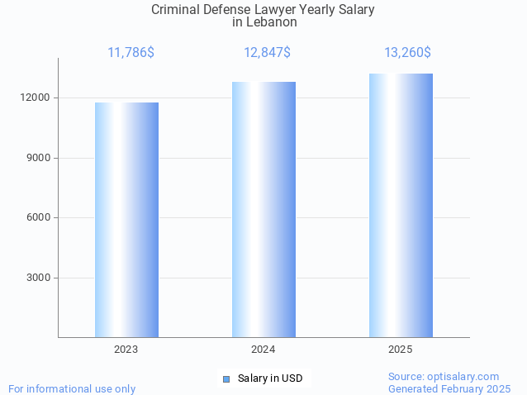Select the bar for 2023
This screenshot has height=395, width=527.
pos(126,220)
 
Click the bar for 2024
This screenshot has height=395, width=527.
pos(263,209)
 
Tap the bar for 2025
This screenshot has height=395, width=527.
pos(401,205)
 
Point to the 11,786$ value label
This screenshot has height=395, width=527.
pos(131,53)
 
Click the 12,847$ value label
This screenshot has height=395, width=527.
pos(267,53)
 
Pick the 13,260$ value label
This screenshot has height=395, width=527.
pos(407,53)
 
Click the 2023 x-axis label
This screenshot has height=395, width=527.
pos(126,350)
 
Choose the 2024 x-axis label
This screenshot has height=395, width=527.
pos(263,350)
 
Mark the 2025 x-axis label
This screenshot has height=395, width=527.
pos(401,350)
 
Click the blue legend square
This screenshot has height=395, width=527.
pos(226,378)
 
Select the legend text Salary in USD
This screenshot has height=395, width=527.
pos(270,378)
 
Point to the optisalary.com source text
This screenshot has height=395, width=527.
pos(444,376)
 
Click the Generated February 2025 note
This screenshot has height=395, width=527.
pos(449,388)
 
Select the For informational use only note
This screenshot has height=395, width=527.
pos(72,388)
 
